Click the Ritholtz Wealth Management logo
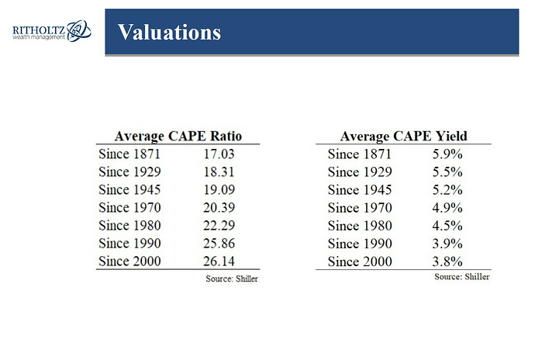[x=52, y=31]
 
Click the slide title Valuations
[x=169, y=32]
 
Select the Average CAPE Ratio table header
[x=178, y=136]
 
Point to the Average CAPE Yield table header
[x=404, y=136]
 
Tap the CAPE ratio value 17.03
[x=219, y=154]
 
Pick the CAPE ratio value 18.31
[x=219, y=171]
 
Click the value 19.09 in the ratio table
[x=219, y=189]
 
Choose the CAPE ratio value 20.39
[x=219, y=207]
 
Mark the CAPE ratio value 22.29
[x=219, y=225]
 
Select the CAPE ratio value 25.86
[x=219, y=243]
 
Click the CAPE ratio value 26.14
[x=219, y=261]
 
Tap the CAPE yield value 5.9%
[x=447, y=154]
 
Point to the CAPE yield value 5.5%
[x=447, y=171]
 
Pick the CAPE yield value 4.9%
[x=447, y=208]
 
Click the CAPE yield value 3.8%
[x=447, y=261]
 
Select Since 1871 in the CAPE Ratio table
[x=129, y=154]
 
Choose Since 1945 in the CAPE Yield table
[x=360, y=190]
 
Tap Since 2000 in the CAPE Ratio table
[x=129, y=261]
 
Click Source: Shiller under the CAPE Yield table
[x=462, y=277]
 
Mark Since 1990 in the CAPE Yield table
[x=360, y=244]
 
